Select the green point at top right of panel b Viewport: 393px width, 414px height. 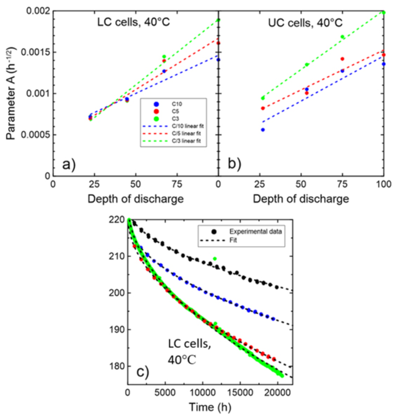pyautogui.click(x=384, y=12)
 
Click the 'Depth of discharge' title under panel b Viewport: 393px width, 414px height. pyautogui.click(x=300, y=198)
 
